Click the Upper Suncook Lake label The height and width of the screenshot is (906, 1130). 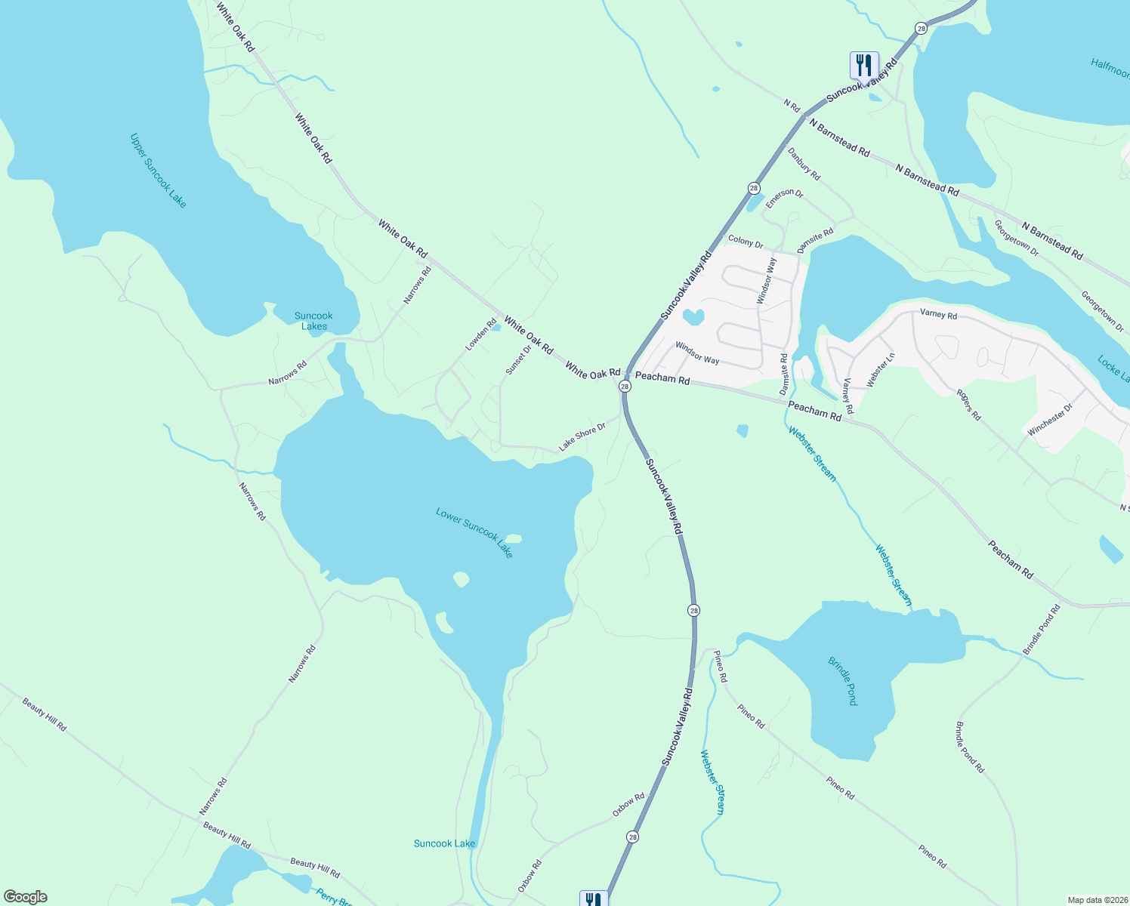158,171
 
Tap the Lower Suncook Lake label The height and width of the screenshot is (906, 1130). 474,532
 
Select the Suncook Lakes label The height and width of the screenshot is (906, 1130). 313,321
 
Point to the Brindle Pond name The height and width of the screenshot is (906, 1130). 843,681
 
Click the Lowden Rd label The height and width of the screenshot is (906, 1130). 480,334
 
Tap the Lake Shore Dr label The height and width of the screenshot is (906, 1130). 582,437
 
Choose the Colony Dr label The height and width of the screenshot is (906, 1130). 746,242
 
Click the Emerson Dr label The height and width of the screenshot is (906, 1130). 784,199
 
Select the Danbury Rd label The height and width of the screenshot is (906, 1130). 804,163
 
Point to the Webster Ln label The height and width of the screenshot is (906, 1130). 881,370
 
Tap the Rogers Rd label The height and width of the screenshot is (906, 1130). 968,405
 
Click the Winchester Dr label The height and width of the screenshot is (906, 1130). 1050,420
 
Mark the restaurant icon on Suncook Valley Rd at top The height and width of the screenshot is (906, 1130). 864,65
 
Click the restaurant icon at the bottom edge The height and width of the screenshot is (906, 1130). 594,898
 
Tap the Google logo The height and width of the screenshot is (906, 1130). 25,897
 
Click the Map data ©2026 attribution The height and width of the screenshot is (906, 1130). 1096,900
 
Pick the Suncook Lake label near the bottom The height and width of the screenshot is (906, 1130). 444,843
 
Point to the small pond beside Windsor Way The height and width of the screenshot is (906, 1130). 693,316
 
